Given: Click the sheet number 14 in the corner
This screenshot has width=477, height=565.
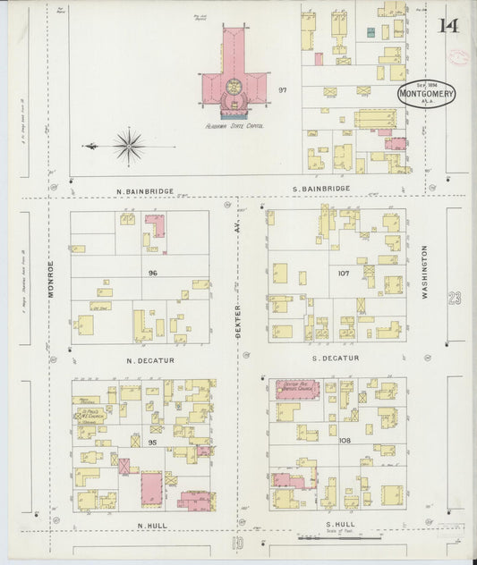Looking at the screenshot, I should point(447,24).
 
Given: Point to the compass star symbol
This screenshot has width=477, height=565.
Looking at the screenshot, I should point(130,144).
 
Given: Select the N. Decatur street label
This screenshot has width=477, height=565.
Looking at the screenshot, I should point(149,360).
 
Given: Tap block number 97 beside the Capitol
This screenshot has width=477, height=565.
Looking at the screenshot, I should point(283,89).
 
